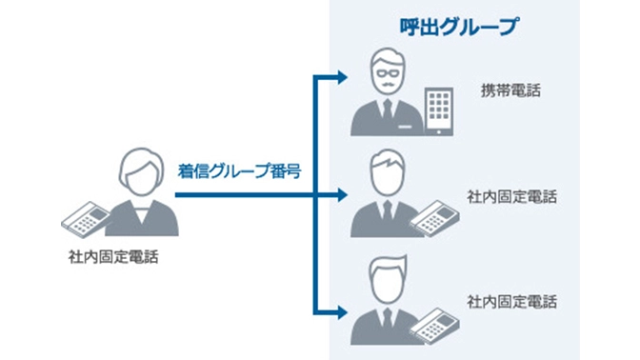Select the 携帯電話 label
tap(510, 91)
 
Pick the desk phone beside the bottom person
tap(436, 322)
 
